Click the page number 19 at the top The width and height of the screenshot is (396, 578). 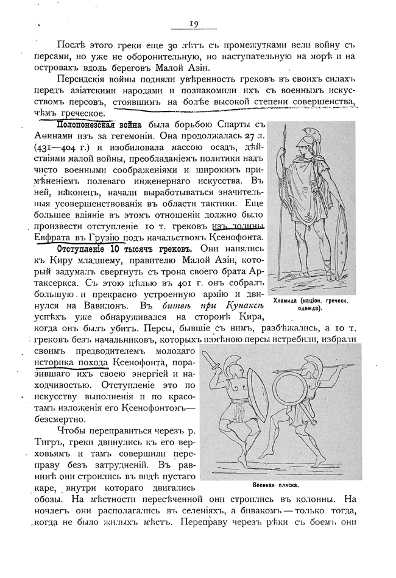193,24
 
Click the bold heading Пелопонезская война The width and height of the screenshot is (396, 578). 97,126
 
